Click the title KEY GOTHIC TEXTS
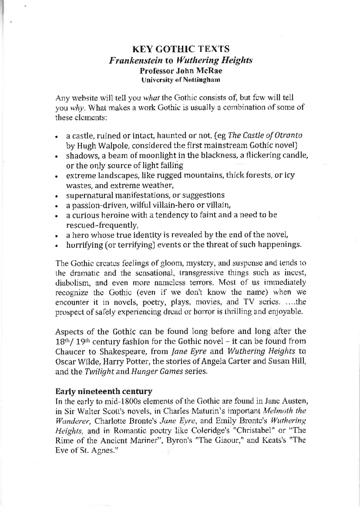[181, 49]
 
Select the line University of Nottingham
[181, 80]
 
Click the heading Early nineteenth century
[104, 391]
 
